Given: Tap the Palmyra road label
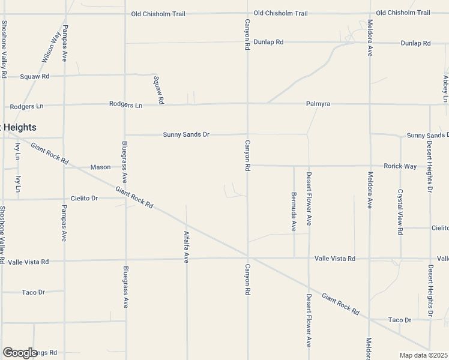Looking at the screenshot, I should (x=318, y=104).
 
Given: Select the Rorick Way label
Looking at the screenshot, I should (x=401, y=166).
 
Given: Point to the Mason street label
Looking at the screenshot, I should (x=100, y=167).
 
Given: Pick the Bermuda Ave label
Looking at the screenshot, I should (x=294, y=211).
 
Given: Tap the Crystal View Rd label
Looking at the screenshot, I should (x=400, y=212).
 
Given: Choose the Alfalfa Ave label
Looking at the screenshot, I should (x=187, y=247).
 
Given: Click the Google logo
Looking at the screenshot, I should (x=20, y=353).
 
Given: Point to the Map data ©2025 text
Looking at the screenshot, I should (x=423, y=355).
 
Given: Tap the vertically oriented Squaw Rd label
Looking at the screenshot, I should (x=158, y=90).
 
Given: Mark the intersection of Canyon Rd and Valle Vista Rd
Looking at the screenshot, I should (x=248, y=259).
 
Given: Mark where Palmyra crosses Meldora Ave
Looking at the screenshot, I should (x=370, y=104).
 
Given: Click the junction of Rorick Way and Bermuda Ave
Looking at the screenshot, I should (x=294, y=166).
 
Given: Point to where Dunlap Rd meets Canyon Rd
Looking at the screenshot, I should (x=248, y=43).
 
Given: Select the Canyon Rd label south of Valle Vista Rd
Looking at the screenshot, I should (x=247, y=279).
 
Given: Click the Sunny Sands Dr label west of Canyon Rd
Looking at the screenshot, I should (x=186, y=135).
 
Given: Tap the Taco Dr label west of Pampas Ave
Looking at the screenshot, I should (x=33, y=292).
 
